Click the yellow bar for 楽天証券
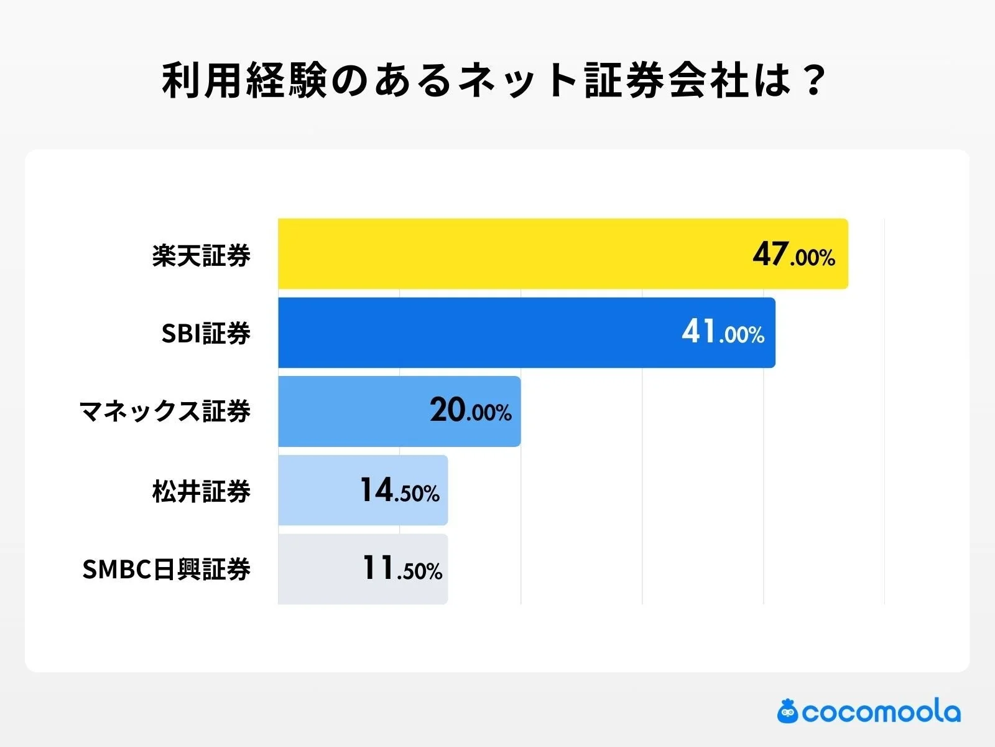[510, 253]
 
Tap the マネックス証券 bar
[348, 411]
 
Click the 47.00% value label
[794, 255]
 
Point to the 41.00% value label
[723, 332]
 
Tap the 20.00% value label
[470, 411]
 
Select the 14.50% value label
[399, 491]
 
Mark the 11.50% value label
[402, 569]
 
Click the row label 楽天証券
[201, 255]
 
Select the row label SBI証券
[206, 334]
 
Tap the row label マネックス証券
[165, 411]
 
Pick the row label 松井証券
[201, 491]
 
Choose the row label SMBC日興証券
[166, 570]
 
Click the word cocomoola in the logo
[881, 712]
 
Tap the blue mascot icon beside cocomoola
[788, 711]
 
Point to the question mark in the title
[813, 81]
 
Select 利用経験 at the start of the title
[244, 81]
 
